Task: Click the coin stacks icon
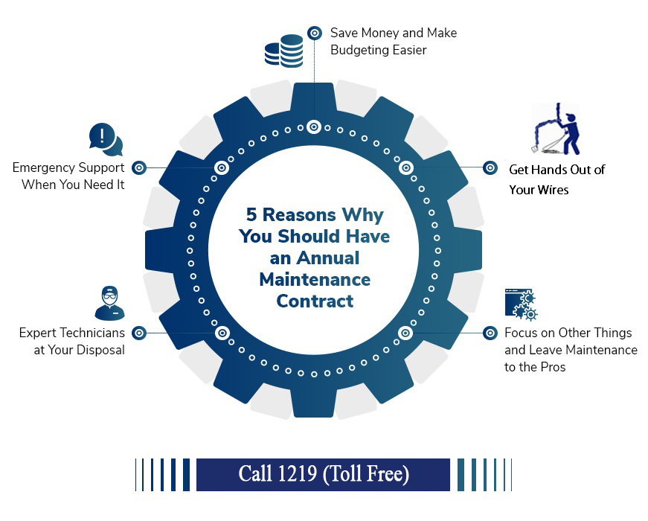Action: click(x=284, y=51)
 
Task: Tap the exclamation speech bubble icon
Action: click(x=106, y=139)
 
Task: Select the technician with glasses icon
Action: click(x=109, y=303)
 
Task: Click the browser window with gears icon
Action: click(x=521, y=304)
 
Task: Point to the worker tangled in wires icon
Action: click(x=556, y=129)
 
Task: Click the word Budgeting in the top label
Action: click(x=360, y=50)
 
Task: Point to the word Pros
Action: click(x=553, y=367)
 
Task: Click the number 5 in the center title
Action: click(x=251, y=214)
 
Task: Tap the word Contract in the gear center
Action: click(x=315, y=301)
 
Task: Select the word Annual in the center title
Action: click(x=328, y=258)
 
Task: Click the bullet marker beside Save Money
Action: click(x=315, y=33)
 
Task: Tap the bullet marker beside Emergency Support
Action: click(x=139, y=168)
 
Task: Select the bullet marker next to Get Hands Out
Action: click(x=490, y=168)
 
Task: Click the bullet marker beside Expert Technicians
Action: click(x=139, y=333)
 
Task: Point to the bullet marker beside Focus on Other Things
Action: click(x=490, y=333)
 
